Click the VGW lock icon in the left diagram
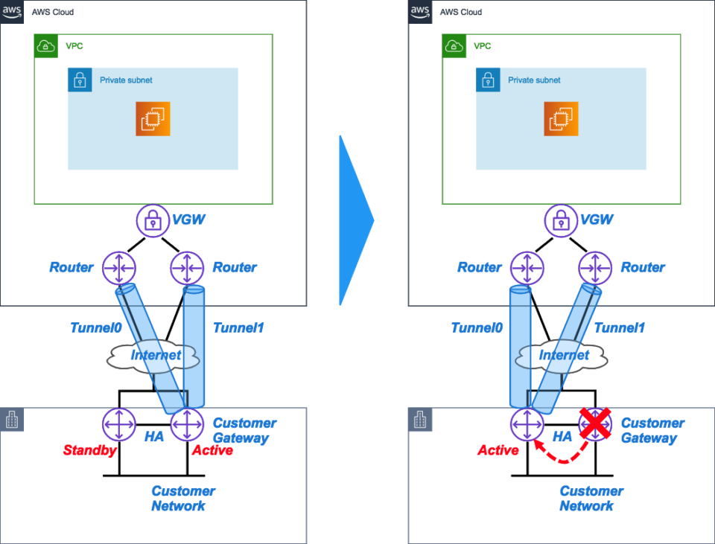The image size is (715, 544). coord(153,220)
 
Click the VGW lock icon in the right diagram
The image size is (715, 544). coord(562,220)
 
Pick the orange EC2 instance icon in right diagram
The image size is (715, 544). coord(561,119)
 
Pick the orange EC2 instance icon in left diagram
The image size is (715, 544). coord(153,119)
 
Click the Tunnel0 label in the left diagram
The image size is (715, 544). coord(95,328)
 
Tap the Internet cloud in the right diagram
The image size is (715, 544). coord(563,356)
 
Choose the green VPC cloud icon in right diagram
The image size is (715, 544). coord(454,46)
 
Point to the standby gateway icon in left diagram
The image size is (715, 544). coord(119,425)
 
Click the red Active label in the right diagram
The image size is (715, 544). coord(498,450)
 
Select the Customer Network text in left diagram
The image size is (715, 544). coord(179,499)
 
